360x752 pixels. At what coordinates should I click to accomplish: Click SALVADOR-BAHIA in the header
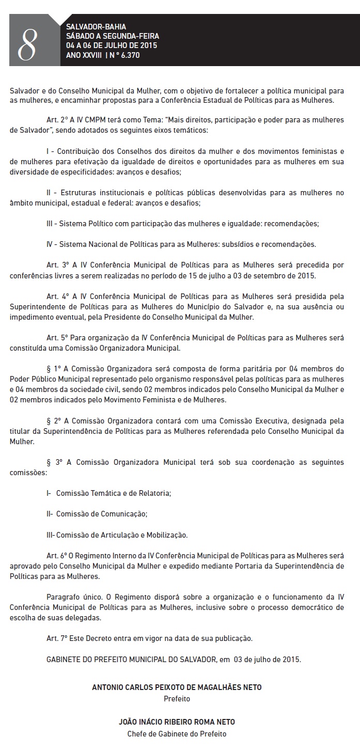pos(89,26)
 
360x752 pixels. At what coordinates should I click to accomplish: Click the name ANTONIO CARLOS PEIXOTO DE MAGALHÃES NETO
pos(177,687)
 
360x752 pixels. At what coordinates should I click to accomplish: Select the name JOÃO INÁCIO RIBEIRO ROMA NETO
pos(177,722)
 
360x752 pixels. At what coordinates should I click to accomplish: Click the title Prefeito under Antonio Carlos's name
pos(177,699)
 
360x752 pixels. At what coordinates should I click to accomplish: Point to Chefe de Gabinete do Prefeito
pos(177,733)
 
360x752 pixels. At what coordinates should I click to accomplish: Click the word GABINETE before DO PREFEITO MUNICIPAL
pos(65,659)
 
